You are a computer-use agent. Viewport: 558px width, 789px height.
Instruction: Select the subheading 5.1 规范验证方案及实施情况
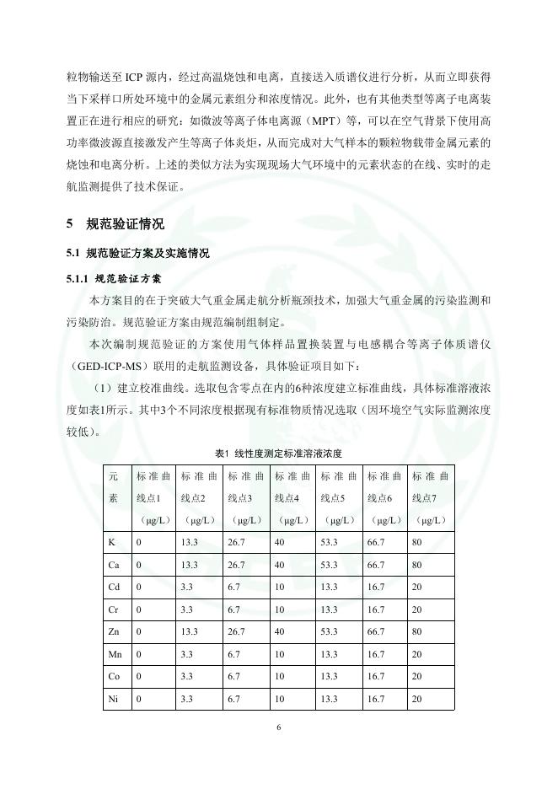click(138, 254)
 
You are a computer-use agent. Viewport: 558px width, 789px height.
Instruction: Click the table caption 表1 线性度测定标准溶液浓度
click(278, 453)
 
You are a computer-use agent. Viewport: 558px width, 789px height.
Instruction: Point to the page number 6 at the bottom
click(279, 727)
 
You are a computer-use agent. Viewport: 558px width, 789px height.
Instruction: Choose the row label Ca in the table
click(115, 563)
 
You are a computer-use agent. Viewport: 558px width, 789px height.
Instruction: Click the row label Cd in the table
click(115, 586)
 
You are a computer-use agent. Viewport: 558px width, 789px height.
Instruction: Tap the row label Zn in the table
click(115, 631)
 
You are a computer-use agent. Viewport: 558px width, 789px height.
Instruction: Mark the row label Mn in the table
click(115, 654)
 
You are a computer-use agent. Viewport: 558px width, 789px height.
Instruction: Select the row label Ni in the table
click(114, 699)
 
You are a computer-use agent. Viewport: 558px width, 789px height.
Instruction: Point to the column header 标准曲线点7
click(431, 497)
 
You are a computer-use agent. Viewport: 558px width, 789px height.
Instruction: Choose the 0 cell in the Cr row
click(139, 609)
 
